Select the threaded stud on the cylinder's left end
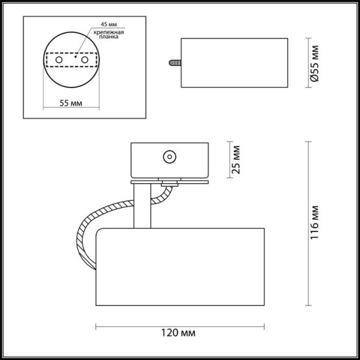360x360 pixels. click(174, 63)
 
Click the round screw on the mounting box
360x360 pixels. click(168, 157)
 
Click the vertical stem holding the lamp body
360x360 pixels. click(141, 205)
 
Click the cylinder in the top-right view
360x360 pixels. click(235, 63)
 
